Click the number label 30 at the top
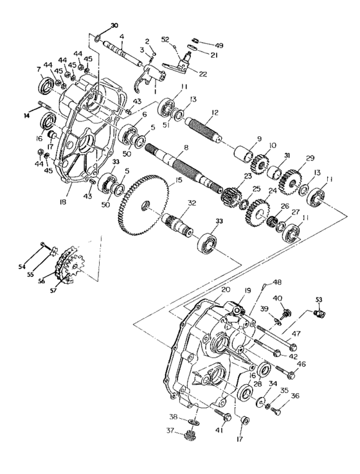click(x=114, y=26)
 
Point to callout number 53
click(x=319, y=300)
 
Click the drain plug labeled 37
click(x=190, y=437)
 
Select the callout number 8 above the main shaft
click(x=186, y=148)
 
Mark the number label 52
click(x=165, y=40)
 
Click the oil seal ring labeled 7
click(x=47, y=84)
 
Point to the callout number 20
click(x=225, y=290)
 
